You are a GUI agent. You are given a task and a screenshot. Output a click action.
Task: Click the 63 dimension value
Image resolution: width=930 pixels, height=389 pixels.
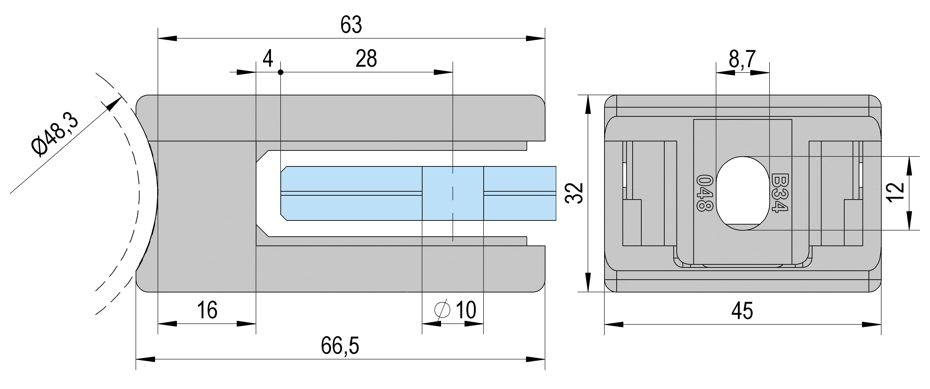(351, 25)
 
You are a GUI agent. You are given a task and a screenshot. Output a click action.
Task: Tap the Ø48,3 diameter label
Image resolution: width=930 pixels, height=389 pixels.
(55, 135)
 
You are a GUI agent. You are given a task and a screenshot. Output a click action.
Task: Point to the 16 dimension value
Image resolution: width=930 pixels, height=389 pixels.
(207, 310)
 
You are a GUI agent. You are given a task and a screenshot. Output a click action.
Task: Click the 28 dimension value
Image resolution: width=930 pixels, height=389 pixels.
(366, 59)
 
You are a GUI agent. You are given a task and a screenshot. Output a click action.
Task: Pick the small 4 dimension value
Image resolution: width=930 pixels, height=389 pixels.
(267, 59)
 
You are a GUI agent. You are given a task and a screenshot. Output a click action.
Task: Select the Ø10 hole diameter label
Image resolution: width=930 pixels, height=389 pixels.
(456, 310)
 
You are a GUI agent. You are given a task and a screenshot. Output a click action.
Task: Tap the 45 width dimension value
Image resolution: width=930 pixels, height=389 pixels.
(742, 311)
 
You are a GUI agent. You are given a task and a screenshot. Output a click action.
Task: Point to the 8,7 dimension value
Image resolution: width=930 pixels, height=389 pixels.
(742, 59)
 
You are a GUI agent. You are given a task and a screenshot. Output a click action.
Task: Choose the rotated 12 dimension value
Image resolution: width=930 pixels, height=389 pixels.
(896, 192)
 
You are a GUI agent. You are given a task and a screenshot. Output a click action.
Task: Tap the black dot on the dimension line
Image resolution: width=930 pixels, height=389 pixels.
(281, 72)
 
